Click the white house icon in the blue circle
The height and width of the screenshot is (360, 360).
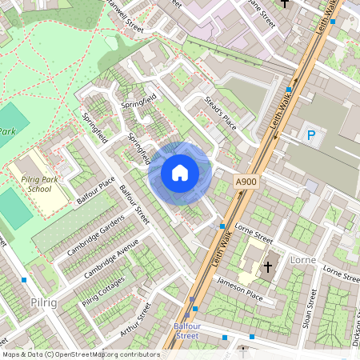(180, 173)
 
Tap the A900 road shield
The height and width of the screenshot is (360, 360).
(246, 183)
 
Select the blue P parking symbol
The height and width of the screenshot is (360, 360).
(310, 136)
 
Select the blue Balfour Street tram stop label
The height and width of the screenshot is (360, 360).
(186, 331)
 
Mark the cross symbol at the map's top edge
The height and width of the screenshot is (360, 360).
(283, 3)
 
